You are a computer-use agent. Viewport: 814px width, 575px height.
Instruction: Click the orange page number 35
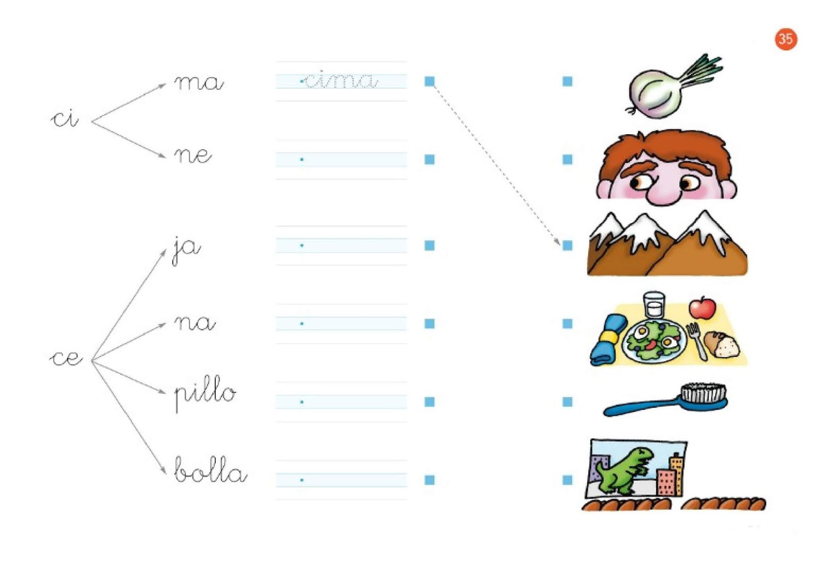tap(786, 39)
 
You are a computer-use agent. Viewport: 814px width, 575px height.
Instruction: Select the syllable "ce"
tap(66, 358)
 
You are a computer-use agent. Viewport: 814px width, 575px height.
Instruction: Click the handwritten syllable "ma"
tap(198, 82)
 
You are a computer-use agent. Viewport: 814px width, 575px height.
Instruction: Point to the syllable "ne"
tap(193, 155)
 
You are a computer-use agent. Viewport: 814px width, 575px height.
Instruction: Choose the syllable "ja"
tap(186, 249)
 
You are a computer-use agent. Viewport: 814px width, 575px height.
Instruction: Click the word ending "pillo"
tap(205, 393)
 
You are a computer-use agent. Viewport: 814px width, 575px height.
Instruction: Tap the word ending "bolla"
tap(210, 470)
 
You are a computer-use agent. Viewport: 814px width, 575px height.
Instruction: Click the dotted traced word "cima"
tap(340, 80)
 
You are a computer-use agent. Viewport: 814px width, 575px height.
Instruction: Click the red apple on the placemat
tap(702, 308)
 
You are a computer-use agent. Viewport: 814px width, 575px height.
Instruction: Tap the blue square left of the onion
tap(567, 81)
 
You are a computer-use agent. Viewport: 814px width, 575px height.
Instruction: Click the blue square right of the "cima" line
tap(429, 81)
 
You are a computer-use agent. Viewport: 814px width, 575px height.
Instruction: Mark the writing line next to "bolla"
tap(341, 480)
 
